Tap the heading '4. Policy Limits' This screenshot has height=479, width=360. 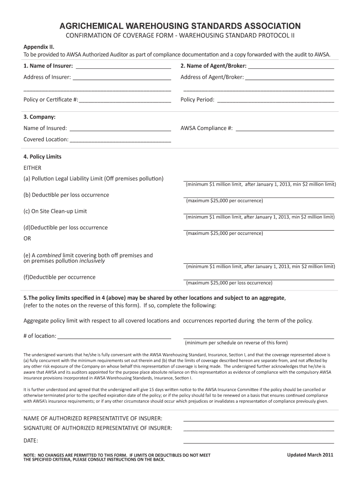point(43,157)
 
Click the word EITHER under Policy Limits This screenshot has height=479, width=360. point(33,167)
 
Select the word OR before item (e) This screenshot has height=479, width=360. point(28,239)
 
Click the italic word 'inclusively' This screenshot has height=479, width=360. point(92,261)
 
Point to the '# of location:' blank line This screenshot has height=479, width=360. point(114,337)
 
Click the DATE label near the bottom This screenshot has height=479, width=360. point(31,441)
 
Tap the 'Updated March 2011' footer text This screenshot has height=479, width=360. point(310,455)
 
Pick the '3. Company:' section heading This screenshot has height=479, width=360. point(40,117)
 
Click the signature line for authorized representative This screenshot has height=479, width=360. point(259,429)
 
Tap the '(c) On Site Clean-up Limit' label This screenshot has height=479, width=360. point(55,211)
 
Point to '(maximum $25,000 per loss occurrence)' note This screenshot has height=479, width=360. point(229,283)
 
